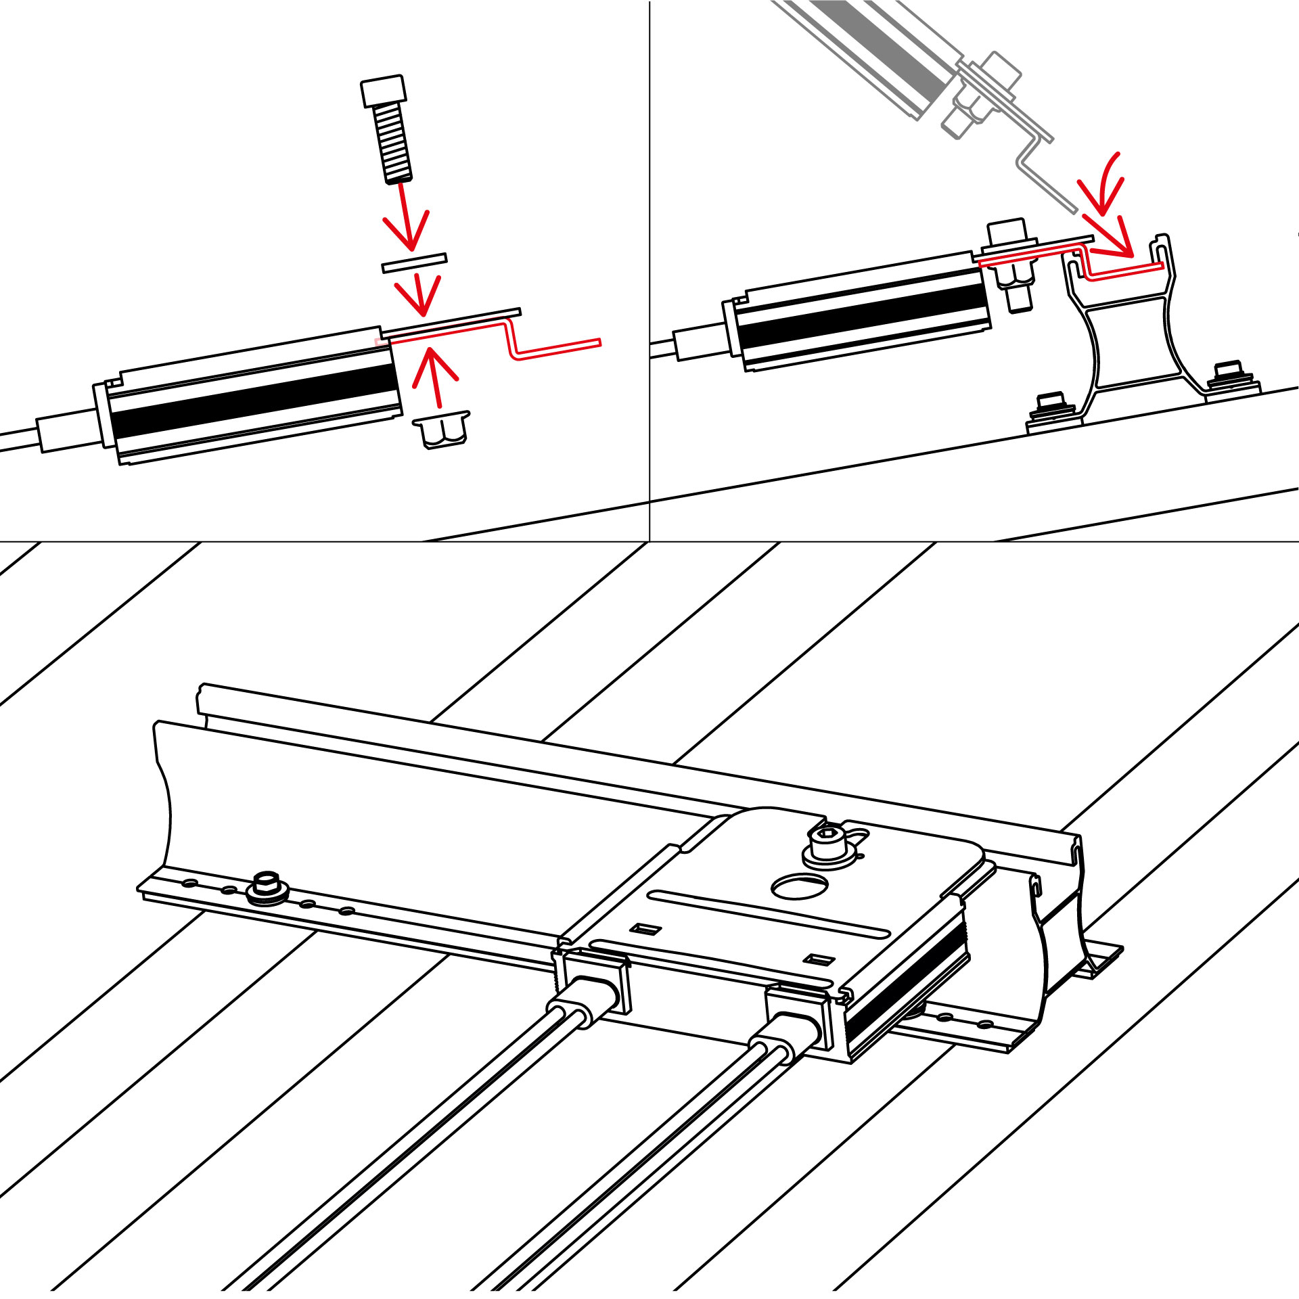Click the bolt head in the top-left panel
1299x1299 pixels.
(x=384, y=91)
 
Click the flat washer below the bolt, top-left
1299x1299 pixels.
(x=414, y=263)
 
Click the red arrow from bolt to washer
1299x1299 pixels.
(x=406, y=216)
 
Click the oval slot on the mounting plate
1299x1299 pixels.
(x=800, y=886)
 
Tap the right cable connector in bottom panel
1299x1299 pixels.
(x=793, y=1028)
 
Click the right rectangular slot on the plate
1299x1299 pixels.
(x=822, y=959)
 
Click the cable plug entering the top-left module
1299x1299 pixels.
(x=68, y=432)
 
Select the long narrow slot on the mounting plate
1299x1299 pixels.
(x=768, y=915)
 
